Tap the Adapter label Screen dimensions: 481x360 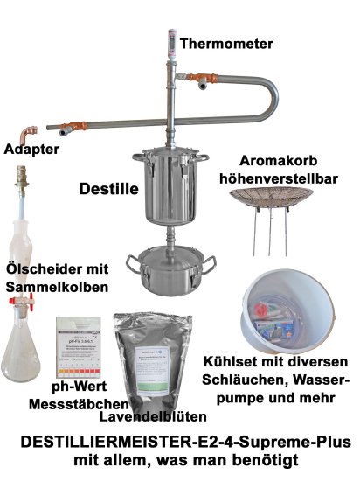[31, 150]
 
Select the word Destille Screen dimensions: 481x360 [104, 187]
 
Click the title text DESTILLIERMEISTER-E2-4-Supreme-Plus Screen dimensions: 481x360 [180, 443]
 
